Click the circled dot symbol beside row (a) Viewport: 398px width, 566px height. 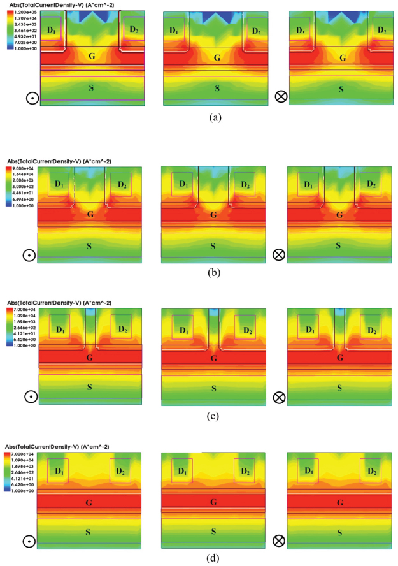point(29,98)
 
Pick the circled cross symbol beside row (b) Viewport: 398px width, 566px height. point(278,254)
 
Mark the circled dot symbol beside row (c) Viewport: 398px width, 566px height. point(29,396)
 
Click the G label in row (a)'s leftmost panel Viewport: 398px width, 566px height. point(92,56)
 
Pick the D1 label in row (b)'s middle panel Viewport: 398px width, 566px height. point(183,184)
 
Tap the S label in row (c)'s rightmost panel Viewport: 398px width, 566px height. point(338,388)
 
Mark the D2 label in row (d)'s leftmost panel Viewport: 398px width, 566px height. point(121,472)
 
